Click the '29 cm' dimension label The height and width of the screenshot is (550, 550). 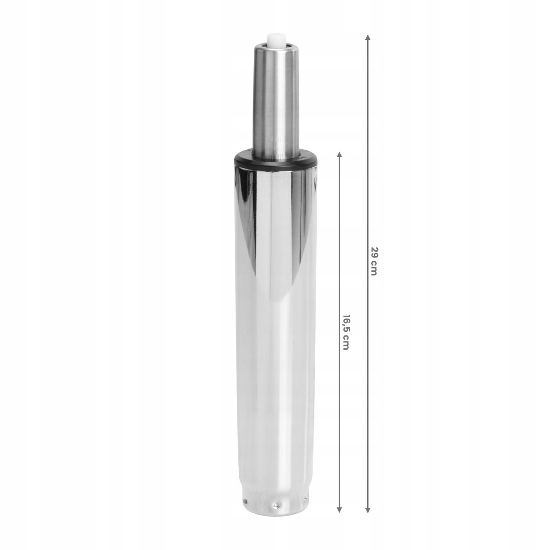click(x=374, y=261)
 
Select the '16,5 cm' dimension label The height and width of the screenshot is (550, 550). click(x=346, y=332)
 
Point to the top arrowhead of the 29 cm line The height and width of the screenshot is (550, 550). click(x=368, y=37)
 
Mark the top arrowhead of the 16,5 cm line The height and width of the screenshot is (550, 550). click(x=339, y=154)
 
